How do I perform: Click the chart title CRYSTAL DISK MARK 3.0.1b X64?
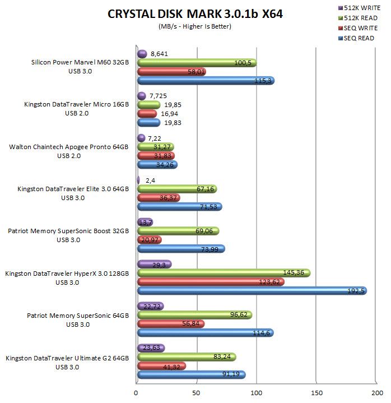tap(195, 14)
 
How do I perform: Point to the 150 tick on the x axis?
tap(317, 393)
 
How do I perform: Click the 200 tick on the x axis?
tap(377, 393)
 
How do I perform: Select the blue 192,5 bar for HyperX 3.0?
tap(252, 291)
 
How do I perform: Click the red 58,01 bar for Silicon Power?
tap(171, 72)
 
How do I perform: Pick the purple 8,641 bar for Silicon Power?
tap(142, 54)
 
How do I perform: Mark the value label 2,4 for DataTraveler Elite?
tap(151, 180)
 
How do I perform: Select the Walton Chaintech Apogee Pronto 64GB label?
tap(69, 147)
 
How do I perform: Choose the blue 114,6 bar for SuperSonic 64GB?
tap(205, 333)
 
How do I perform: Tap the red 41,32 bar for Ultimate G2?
tap(161, 366)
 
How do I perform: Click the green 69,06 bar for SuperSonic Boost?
tap(178, 231)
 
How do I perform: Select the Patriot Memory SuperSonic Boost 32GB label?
tap(68, 230)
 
